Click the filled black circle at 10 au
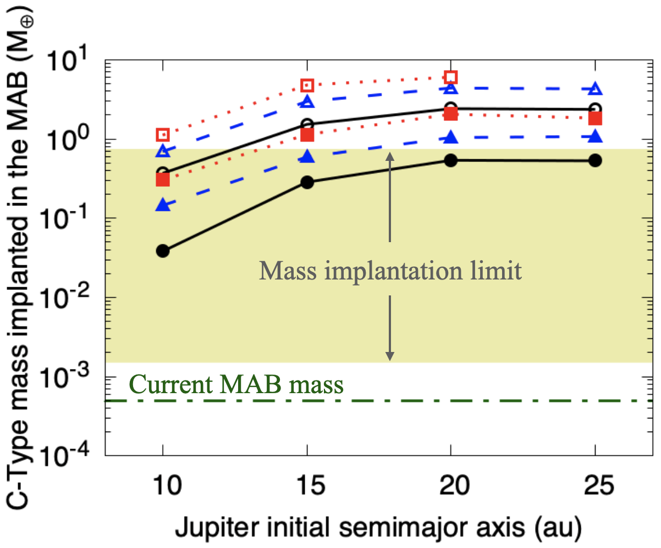[163, 251]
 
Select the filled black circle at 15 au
[307, 183]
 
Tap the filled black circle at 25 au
[595, 160]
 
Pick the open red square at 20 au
[451, 77]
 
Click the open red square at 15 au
[307, 85]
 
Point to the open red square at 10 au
[163, 135]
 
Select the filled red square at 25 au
[595, 119]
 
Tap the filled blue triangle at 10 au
[163, 205]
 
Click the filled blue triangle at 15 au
[307, 157]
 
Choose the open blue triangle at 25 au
[595, 88]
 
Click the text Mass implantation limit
[390, 271]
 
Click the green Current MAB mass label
[238, 384]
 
